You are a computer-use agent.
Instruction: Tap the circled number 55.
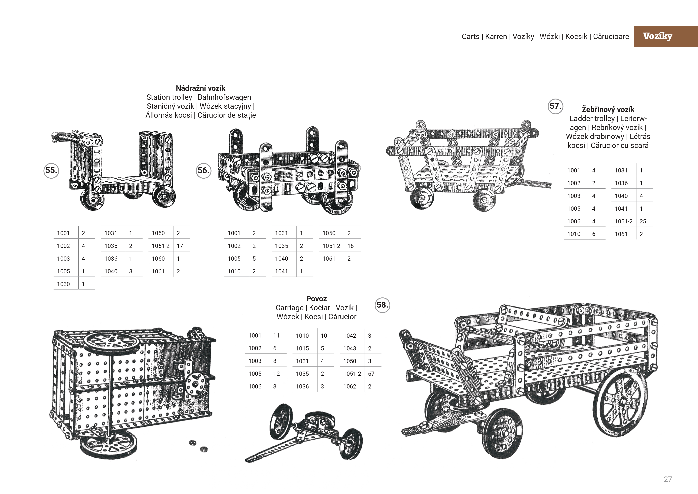click(51, 170)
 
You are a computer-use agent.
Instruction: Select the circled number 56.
click(203, 170)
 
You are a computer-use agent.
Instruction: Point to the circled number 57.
click(555, 106)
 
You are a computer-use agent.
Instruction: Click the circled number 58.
click(382, 305)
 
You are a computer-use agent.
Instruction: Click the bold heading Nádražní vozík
click(201, 88)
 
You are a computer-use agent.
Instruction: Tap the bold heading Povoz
click(316, 299)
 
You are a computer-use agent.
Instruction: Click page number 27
click(668, 479)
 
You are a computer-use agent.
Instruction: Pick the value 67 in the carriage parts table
click(371, 374)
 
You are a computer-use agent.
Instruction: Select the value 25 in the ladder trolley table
click(643, 221)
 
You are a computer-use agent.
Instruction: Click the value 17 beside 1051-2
click(180, 246)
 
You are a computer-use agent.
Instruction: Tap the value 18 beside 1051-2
click(351, 246)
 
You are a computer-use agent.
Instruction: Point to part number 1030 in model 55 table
click(63, 284)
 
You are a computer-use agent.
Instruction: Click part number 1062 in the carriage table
click(350, 386)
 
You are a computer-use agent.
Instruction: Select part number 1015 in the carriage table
click(302, 348)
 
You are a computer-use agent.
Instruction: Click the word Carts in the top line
click(470, 36)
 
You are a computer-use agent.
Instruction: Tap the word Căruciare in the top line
click(611, 36)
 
